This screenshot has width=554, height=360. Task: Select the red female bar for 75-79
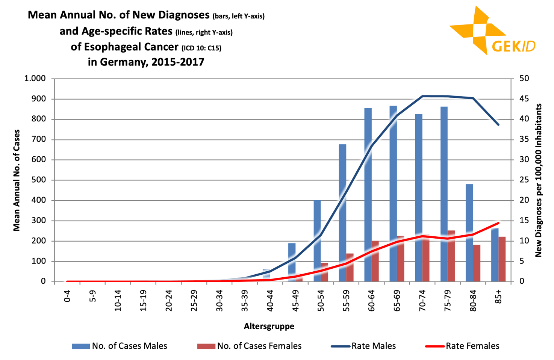(x=451, y=259)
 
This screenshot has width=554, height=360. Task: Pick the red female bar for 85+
(x=502, y=259)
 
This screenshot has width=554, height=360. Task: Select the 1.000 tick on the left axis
(x=35, y=79)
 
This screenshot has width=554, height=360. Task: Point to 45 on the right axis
(x=524, y=99)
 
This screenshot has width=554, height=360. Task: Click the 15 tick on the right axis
(x=524, y=221)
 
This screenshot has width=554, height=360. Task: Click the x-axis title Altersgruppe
(x=269, y=326)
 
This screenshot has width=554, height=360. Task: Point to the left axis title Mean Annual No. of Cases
(x=17, y=180)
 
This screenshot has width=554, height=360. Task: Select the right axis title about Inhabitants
(x=539, y=180)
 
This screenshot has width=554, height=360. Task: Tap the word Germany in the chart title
(x=123, y=62)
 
